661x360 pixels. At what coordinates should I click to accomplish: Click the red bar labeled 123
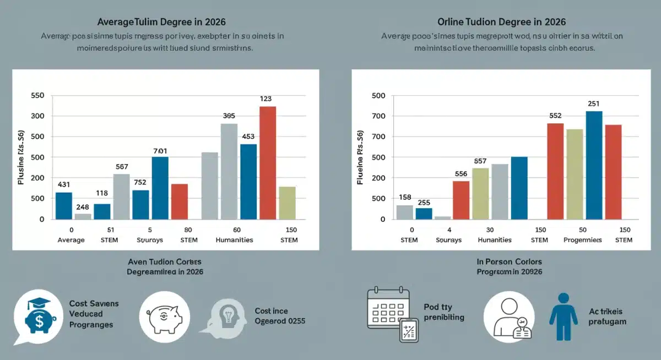click(268, 162)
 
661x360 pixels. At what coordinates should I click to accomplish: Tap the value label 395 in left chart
click(229, 116)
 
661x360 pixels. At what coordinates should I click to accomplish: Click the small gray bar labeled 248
click(83, 216)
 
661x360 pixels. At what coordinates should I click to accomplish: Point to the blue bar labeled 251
click(594, 165)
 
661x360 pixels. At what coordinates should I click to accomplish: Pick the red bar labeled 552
click(555, 171)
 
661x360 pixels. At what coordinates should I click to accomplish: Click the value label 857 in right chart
click(480, 161)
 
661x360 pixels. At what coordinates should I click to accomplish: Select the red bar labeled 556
click(461, 200)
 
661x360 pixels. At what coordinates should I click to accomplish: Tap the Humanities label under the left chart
click(234, 240)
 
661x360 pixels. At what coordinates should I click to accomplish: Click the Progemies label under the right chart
click(582, 240)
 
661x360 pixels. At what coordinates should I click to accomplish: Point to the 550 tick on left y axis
click(37, 96)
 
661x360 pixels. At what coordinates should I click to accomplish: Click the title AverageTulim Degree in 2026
click(161, 22)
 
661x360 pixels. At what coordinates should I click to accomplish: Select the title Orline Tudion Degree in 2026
click(502, 22)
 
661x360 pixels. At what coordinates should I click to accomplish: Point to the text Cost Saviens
click(94, 304)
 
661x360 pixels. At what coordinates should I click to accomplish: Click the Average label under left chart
click(72, 240)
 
